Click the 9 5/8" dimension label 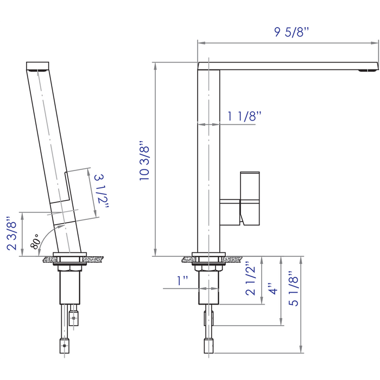[x=291, y=32]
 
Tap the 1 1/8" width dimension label [x=244, y=116]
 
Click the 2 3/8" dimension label [x=11, y=233]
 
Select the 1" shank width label [x=182, y=280]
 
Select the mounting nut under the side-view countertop [x=69, y=267]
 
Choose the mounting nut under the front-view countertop [x=208, y=267]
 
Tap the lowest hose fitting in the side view [x=65, y=345]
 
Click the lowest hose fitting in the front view [x=208, y=345]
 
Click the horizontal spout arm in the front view [x=288, y=66]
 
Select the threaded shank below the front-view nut [x=208, y=288]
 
